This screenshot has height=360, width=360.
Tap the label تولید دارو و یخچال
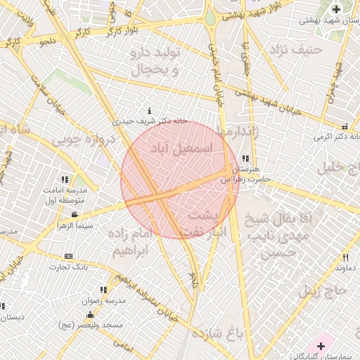pyautogui.click(x=158, y=62)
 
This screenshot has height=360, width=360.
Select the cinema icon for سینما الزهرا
pyautogui.click(x=75, y=214)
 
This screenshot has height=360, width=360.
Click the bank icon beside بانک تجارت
pyautogui.click(x=68, y=256)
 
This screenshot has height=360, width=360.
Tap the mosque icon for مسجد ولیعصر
pyautogui.click(x=90, y=314)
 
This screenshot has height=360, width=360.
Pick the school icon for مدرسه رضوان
pyautogui.click(x=104, y=290)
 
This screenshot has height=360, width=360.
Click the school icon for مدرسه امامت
pyautogui.click(x=65, y=180)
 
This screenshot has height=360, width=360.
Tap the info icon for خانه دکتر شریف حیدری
pyautogui.click(x=149, y=111)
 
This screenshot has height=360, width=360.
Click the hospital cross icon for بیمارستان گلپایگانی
pyautogui.click(x=321, y=345)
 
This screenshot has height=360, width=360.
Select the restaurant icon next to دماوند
pyautogui.click(x=345, y=257)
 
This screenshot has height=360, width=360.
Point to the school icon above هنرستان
pyautogui.click(x=245, y=159)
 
